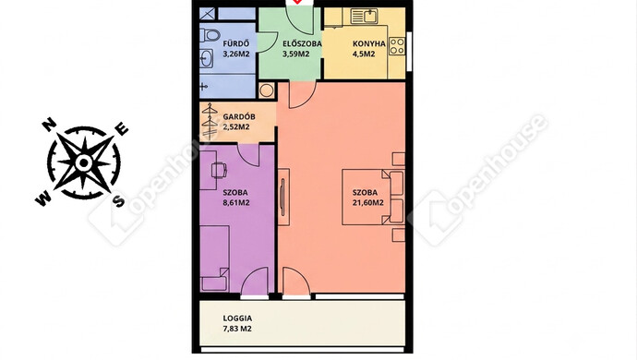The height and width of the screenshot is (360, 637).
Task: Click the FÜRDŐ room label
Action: coord(235,43)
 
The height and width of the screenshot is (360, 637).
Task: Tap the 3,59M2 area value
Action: coord(295,54)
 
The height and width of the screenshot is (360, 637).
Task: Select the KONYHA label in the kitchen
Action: coord(369,43)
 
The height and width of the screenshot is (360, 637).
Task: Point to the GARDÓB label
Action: coord(239,116)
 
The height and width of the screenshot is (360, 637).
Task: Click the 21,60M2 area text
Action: coord(368,203)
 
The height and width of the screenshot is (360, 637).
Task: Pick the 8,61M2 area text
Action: coord(236,203)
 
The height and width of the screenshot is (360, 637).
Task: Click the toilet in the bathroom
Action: coord(210,35)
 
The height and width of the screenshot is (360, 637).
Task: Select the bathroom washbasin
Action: coord(207,59)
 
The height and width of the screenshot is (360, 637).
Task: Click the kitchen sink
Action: coord(365,17)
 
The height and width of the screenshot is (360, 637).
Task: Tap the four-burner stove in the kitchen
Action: coord(397,46)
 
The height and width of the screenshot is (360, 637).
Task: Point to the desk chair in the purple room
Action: coord(219,170)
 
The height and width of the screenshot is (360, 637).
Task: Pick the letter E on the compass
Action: coord(122,129)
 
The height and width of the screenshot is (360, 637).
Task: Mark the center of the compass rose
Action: coord(84,163)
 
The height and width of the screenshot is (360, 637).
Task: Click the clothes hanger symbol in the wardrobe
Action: coord(210,122)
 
